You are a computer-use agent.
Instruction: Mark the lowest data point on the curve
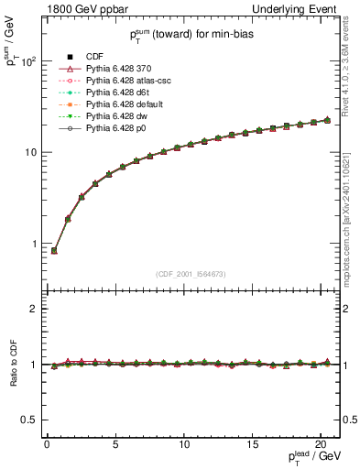[54, 250]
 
